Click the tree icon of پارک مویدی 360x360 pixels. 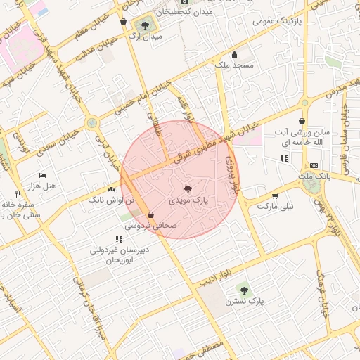187,188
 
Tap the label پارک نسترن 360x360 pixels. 244,300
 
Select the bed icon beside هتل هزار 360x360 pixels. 42,175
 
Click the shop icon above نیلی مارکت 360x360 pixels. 274,196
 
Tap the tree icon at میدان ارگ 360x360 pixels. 145,25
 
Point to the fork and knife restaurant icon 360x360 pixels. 18,193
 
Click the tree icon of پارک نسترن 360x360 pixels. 244,288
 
